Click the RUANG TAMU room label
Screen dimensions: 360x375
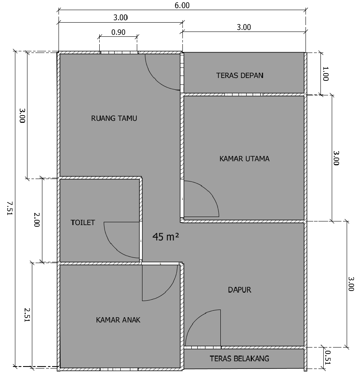click(114, 118)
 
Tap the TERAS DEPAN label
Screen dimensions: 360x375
click(240, 76)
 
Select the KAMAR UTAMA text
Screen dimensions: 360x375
click(245, 159)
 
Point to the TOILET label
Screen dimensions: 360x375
click(83, 223)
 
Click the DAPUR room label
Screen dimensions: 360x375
click(239, 290)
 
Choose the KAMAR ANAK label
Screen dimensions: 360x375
click(118, 320)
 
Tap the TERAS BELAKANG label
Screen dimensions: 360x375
click(239, 358)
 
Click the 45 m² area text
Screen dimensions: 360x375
click(165, 237)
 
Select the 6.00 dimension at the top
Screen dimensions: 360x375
click(182, 5)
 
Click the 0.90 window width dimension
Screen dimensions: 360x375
click(118, 32)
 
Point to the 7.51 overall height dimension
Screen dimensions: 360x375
click(10, 208)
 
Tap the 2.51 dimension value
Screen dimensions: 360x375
click(27, 315)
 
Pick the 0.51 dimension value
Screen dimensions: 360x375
click(328, 358)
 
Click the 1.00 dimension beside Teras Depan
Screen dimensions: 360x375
click(326, 74)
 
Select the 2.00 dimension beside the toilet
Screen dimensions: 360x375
click(37, 219)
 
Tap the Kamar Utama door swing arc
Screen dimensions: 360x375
click(209, 191)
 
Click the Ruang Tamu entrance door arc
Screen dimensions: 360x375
click(155, 79)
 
